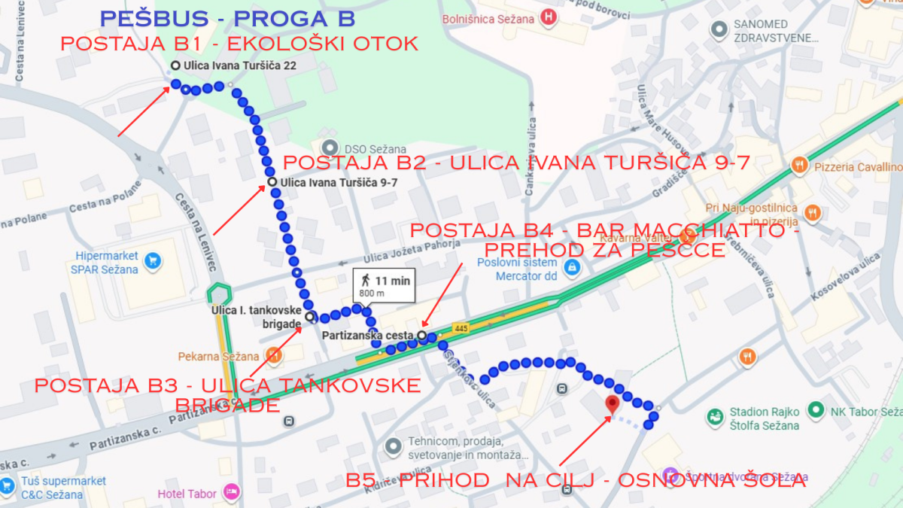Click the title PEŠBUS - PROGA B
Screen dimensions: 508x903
[227, 18]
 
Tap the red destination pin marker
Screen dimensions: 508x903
[613, 404]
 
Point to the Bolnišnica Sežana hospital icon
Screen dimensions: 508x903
[551, 17]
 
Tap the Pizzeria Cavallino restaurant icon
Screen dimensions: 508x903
[799, 166]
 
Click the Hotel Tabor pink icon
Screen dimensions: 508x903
[231, 493]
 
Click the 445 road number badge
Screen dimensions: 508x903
[461, 327]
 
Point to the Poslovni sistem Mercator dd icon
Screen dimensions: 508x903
[572, 267]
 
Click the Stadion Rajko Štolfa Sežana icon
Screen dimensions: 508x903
[716, 415]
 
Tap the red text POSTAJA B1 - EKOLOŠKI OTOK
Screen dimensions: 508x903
[239, 44]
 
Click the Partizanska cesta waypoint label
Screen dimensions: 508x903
[369, 335]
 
